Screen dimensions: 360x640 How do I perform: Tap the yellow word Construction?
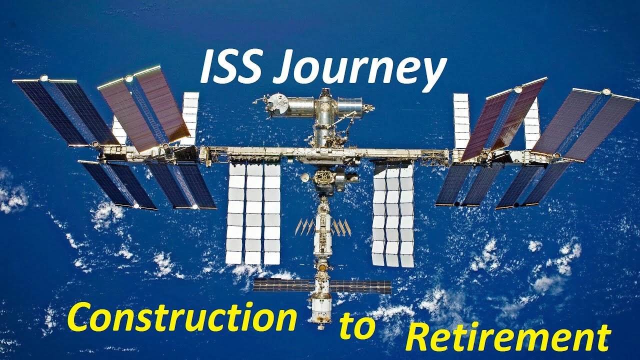click(x=181, y=318)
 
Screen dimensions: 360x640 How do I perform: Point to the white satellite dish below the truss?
click(x=304, y=177)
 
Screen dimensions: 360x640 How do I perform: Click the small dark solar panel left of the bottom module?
click(x=282, y=285)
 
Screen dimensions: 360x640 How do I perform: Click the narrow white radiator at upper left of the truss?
click(x=190, y=118)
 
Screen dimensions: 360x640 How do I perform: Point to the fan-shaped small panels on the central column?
click(x=322, y=228)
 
